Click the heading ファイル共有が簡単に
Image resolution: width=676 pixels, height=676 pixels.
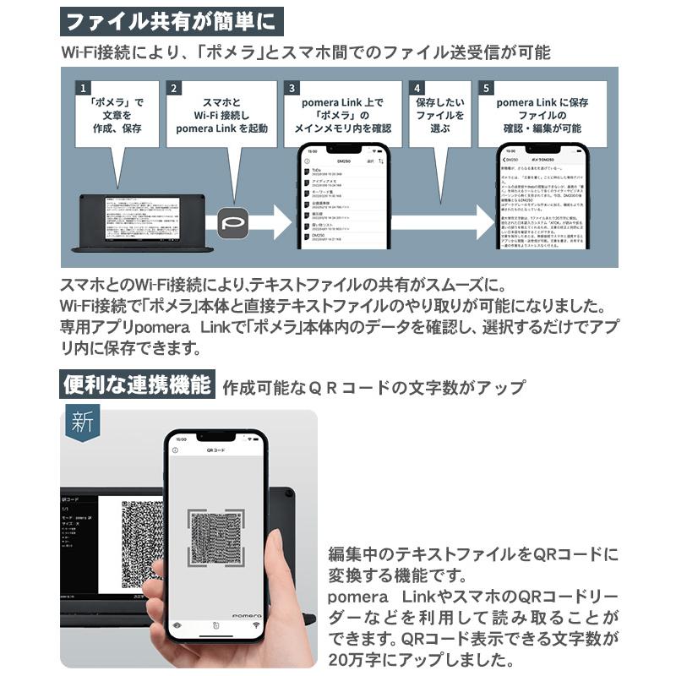[172, 19]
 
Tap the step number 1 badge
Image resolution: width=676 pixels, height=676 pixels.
[82, 88]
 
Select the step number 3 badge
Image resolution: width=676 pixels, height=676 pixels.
[292, 88]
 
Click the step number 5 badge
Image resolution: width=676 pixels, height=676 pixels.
[485, 88]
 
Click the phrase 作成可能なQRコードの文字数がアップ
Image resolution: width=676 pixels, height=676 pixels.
[373, 388]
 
